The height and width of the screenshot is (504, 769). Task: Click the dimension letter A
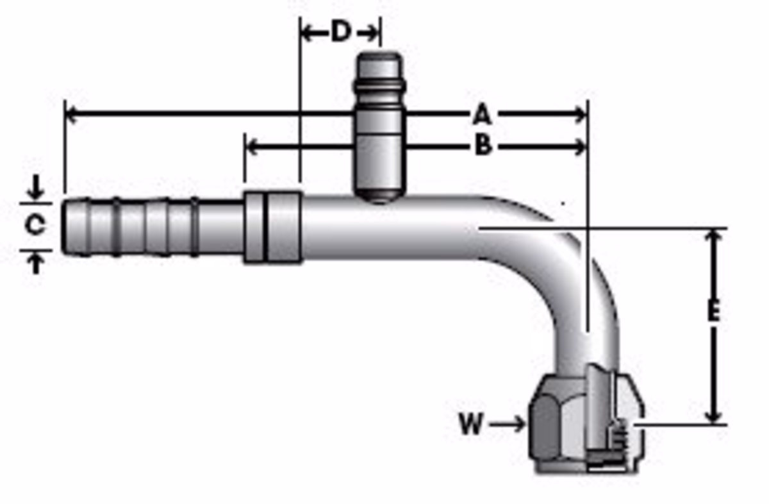click(483, 114)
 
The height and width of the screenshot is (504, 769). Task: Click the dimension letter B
click(484, 145)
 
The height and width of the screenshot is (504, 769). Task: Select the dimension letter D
click(341, 31)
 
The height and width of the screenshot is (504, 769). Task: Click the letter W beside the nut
click(472, 423)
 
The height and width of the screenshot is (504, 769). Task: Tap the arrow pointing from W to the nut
click(508, 424)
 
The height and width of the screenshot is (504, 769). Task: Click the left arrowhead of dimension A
click(70, 113)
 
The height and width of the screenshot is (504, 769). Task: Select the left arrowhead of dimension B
click(252, 147)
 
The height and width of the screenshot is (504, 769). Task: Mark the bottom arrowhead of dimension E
click(714, 417)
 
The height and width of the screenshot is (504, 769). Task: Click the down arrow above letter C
click(36, 188)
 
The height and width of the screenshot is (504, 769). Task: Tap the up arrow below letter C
click(36, 264)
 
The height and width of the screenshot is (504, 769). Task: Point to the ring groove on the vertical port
click(379, 86)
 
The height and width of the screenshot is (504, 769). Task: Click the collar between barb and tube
click(273, 227)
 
